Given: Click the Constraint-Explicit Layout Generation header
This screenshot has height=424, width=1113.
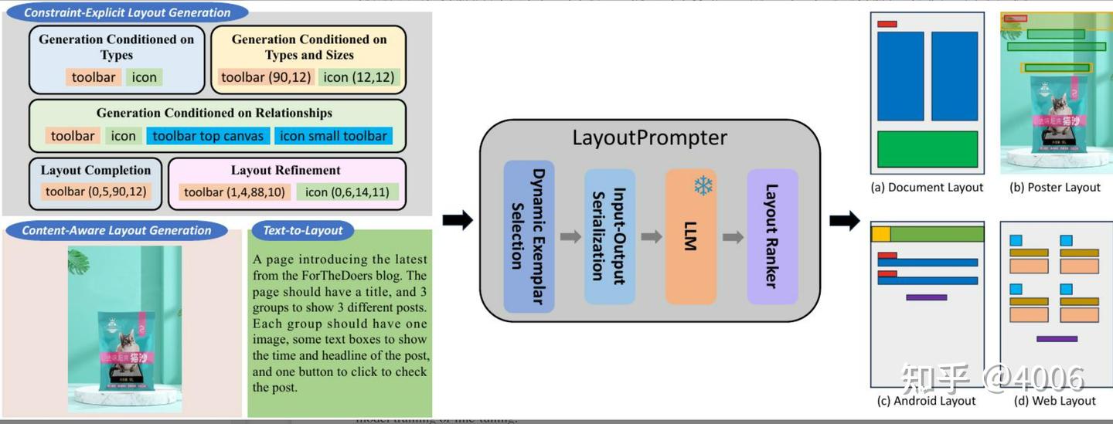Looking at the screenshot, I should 127,12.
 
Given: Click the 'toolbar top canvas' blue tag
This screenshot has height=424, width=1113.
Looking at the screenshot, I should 208,136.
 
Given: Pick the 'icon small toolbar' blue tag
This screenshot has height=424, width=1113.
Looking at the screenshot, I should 333,136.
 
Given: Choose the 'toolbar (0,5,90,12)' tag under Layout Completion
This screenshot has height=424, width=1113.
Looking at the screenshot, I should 95,192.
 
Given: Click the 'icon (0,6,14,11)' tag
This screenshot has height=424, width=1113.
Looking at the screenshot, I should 347,192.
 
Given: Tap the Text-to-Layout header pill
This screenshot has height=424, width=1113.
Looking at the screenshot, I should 303,230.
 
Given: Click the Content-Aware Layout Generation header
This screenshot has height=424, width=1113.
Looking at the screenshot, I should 116,230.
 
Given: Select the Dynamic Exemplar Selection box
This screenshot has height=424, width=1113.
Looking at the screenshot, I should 529,236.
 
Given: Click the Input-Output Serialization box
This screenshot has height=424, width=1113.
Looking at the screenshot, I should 609,236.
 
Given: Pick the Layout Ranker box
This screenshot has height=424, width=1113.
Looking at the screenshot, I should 772,236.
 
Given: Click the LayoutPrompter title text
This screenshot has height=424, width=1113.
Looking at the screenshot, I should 649,138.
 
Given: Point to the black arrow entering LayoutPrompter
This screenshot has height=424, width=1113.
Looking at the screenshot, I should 457,221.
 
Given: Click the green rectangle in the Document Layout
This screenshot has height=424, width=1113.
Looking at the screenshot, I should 927,149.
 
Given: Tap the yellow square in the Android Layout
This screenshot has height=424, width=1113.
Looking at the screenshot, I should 881,234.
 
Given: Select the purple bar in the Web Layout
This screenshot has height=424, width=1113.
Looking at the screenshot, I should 1057,339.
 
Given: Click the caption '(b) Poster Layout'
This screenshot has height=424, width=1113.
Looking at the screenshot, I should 1055,188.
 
